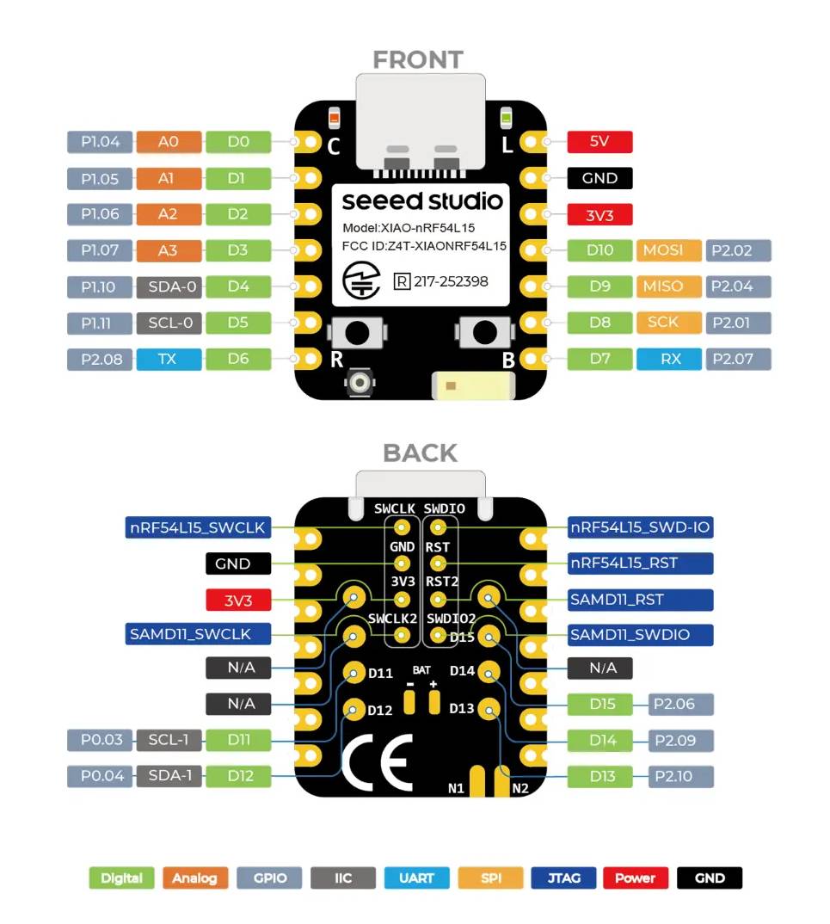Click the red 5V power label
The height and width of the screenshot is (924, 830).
point(599,142)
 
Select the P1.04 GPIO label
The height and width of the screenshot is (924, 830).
point(101,142)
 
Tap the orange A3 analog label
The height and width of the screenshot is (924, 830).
point(168,250)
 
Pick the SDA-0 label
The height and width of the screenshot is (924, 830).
point(168,286)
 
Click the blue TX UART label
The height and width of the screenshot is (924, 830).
point(168,359)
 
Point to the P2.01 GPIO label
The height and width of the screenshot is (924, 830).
point(738,323)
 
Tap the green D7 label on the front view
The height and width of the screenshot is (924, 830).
point(599,359)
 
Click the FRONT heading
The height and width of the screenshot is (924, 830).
point(418,60)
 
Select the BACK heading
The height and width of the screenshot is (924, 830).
point(420,453)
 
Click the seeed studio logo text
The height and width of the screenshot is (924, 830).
point(421,201)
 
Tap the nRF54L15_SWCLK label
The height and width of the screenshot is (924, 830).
point(198,527)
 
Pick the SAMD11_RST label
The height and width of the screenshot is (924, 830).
point(640,600)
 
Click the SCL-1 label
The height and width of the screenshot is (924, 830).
point(168,740)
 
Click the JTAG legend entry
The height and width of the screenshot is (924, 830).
point(563,878)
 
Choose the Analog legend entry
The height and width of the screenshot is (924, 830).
point(194,878)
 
